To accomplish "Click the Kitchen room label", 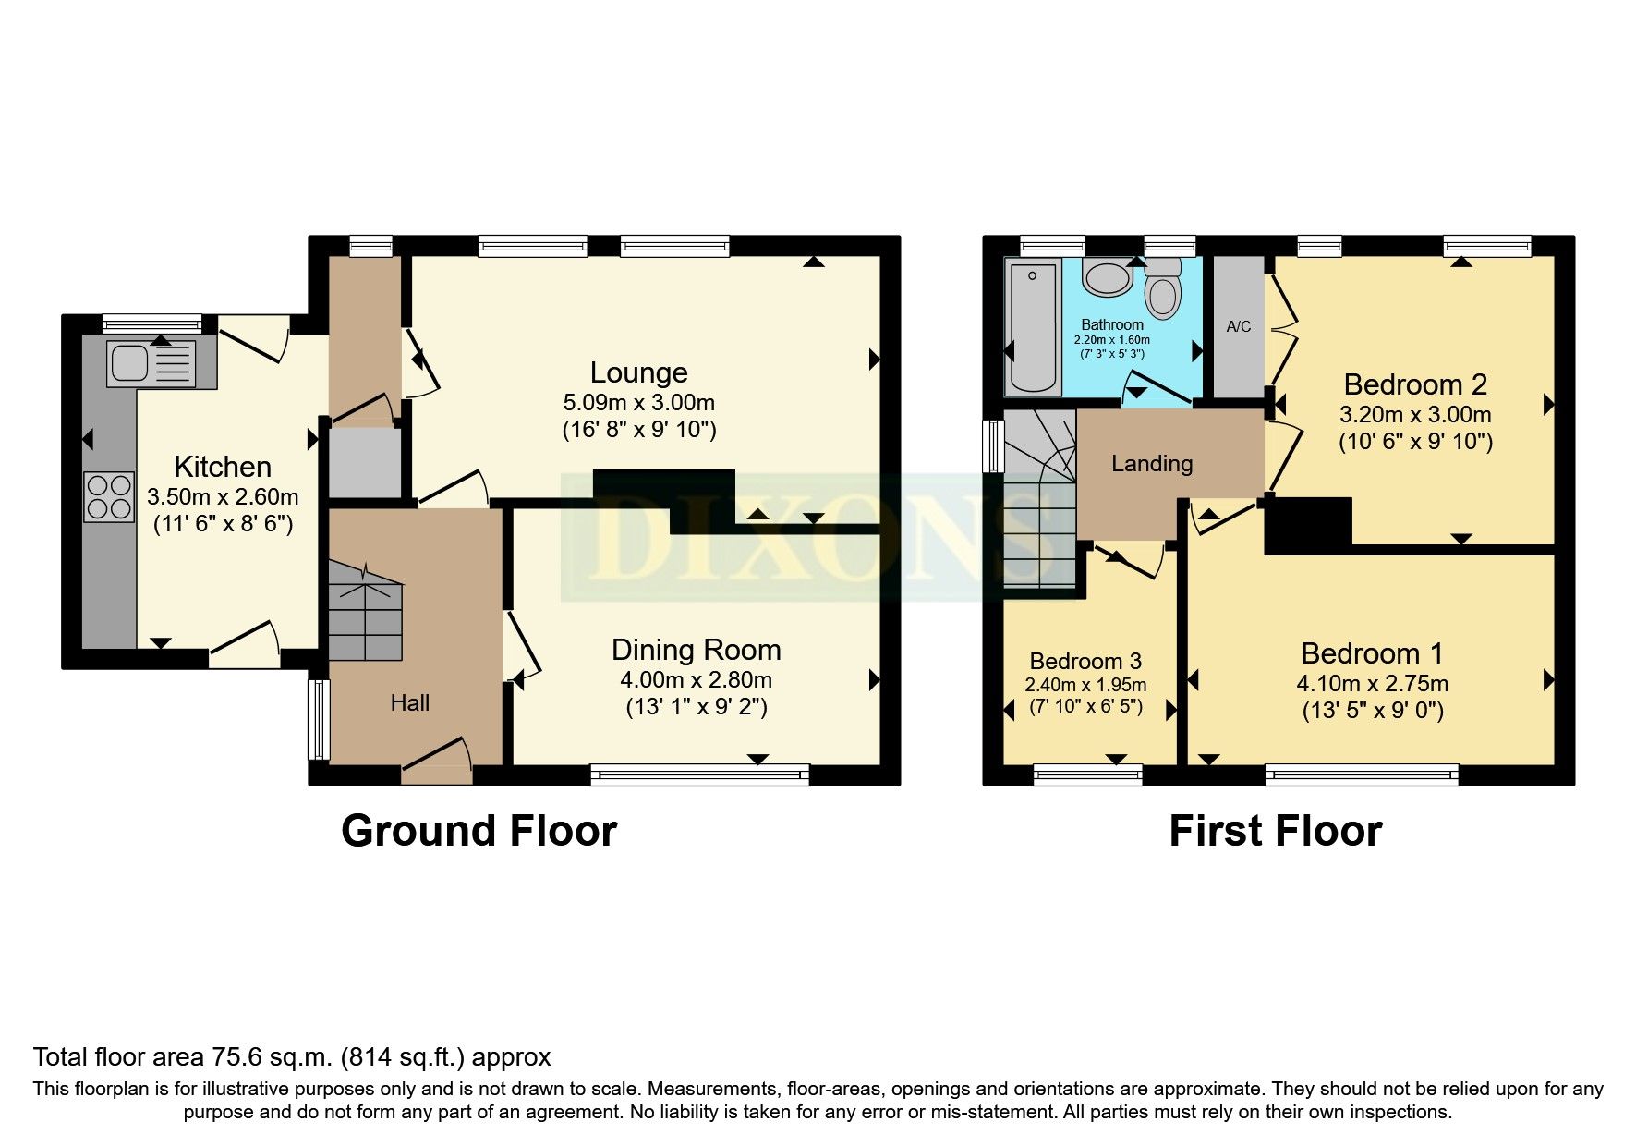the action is click(223, 467).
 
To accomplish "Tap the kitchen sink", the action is click(151, 363).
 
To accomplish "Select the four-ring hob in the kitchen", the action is click(108, 496).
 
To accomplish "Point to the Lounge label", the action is click(638, 372).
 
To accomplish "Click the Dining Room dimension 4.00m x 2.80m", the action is click(696, 680).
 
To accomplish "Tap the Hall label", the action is click(410, 703).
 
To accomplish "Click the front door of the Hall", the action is click(437, 761).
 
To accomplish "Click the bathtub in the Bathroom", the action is click(1033, 327).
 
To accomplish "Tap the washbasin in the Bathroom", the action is click(1107, 276).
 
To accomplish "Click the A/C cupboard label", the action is click(1239, 326).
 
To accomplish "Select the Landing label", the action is click(1152, 464).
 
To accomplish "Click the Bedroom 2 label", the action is click(1415, 384).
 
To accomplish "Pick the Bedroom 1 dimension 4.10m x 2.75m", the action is click(1373, 684).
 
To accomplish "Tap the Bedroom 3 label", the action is click(1085, 662).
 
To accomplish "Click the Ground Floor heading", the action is click(479, 831).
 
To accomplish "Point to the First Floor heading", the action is click(1276, 831).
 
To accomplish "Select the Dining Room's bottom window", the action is click(700, 774).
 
